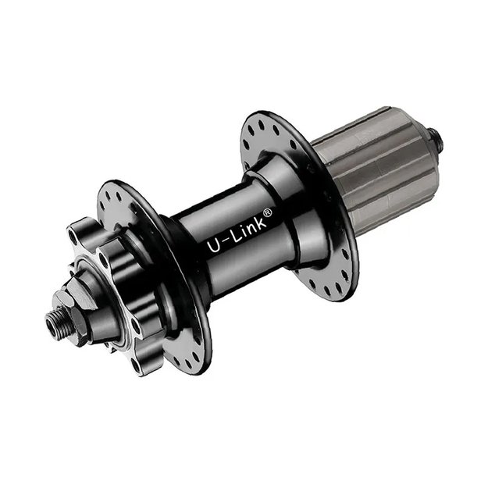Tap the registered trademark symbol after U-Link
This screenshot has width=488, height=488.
coord(268,212)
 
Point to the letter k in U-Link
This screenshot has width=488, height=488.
coord(260,223)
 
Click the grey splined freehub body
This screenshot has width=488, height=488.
coord(377,170)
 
